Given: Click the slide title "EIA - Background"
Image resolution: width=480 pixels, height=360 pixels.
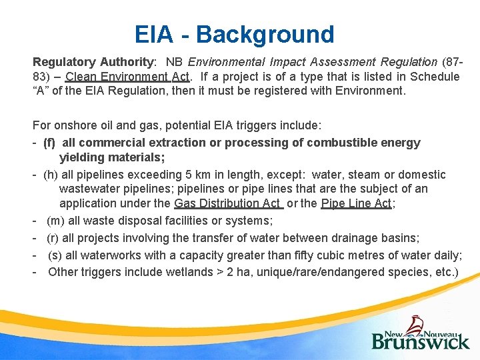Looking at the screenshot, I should [234, 34].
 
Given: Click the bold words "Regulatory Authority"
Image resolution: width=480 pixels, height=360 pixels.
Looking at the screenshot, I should [93, 62].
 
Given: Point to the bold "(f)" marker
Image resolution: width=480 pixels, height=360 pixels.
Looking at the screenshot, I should [49, 143].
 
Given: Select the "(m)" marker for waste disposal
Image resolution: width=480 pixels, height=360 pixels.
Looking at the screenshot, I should [56, 221].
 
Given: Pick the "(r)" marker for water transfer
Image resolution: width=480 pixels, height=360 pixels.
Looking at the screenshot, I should [53, 238].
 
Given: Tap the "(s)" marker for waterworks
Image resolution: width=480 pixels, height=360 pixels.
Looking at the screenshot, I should [55, 255].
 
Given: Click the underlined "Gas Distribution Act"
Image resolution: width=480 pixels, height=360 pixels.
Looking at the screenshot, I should [228, 204].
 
